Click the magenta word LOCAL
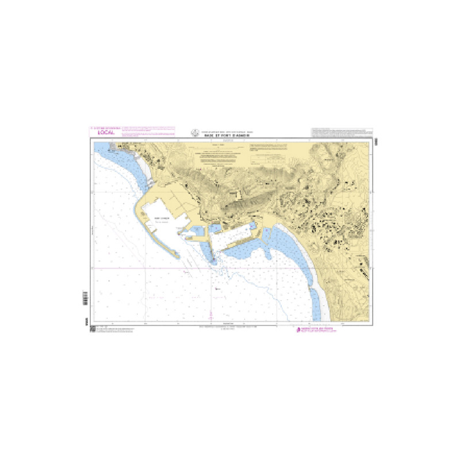(x=98, y=132)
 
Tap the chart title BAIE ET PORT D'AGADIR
(x=229, y=135)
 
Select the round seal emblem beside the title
(x=194, y=132)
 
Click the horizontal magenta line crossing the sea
(x=230, y=267)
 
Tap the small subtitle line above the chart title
(x=229, y=131)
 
